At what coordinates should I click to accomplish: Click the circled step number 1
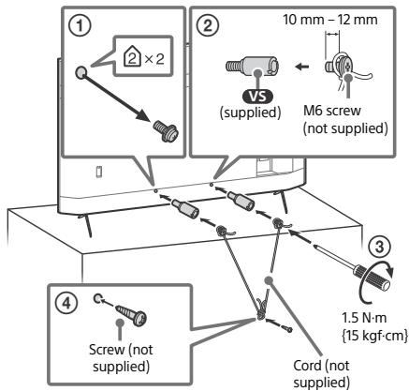(80, 26)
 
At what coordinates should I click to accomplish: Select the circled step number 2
(208, 25)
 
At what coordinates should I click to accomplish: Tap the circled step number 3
(379, 247)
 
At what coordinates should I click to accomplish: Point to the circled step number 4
(67, 303)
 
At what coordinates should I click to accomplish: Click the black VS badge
(257, 97)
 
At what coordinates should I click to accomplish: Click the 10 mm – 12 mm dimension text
(330, 20)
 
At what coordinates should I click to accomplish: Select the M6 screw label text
(332, 111)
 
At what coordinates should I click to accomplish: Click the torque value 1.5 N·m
(364, 318)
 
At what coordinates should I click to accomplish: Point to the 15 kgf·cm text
(373, 335)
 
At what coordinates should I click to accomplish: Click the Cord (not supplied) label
(321, 374)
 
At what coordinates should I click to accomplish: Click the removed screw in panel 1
(166, 131)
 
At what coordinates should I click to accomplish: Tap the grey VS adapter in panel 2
(252, 67)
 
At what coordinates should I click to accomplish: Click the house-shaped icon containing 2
(131, 58)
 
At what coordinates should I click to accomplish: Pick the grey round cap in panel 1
(80, 72)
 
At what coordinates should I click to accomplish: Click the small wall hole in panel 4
(97, 298)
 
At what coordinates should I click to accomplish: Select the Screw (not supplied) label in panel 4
(121, 357)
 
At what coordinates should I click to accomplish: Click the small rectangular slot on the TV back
(98, 172)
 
